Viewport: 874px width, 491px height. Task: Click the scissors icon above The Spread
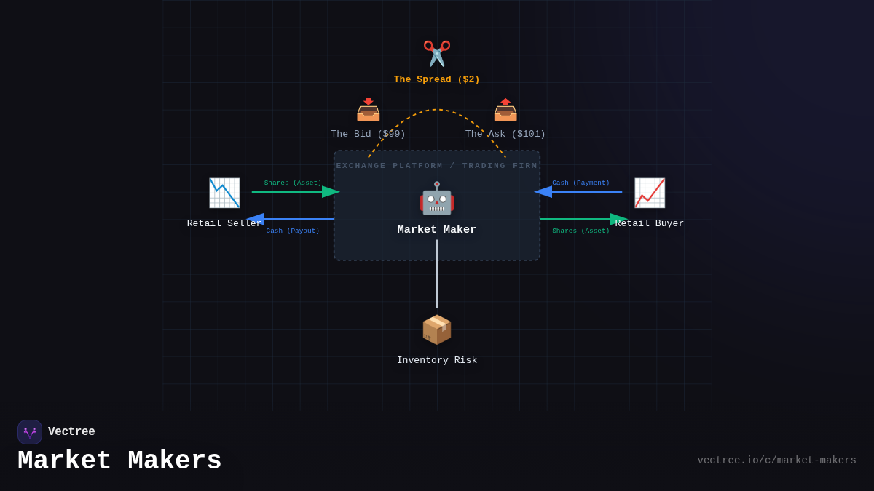437,54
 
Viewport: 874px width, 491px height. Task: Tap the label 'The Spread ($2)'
437,80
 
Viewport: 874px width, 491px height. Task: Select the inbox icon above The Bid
369,110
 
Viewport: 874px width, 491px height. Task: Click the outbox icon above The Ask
505,110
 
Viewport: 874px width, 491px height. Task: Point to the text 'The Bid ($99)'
368,135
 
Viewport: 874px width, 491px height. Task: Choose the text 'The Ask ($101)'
505,135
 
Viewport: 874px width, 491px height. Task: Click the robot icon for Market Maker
437,199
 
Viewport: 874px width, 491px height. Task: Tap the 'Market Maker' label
437,230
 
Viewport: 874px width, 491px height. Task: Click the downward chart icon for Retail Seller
224,193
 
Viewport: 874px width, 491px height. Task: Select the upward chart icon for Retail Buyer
650,193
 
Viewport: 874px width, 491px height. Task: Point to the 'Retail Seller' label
224,224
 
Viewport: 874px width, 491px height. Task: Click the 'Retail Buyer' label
650,224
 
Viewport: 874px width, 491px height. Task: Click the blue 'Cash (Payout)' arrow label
293,231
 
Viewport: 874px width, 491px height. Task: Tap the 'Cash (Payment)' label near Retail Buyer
580,183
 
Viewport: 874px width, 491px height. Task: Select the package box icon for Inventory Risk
437,330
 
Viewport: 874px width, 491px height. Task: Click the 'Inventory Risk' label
437,361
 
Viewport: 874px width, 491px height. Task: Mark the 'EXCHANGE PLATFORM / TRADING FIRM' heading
437,166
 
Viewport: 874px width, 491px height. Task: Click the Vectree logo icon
30,432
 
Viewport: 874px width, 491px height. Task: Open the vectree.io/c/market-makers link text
776,460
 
